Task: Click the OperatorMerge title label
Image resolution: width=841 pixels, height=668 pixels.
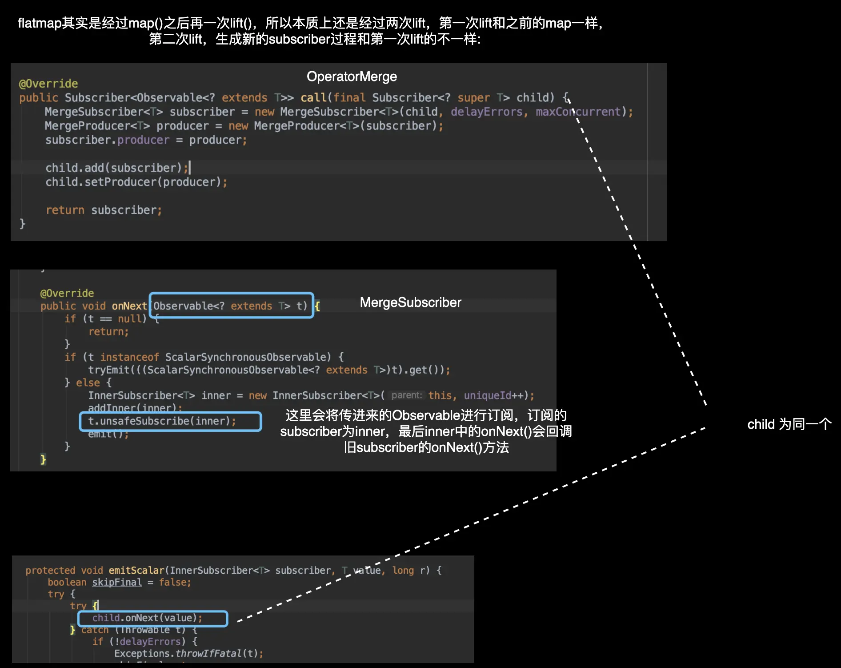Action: (352, 76)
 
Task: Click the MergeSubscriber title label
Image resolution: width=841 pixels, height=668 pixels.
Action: (410, 302)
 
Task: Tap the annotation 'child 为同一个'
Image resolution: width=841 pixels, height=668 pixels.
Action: (789, 424)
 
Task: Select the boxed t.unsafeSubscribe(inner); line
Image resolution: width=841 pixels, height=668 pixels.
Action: (162, 421)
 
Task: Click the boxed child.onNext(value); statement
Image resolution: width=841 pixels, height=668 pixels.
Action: (147, 618)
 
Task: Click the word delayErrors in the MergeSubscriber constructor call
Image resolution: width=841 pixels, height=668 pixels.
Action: (486, 112)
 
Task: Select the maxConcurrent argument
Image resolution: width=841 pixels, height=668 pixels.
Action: (578, 112)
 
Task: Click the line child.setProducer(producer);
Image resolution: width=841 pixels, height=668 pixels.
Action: (136, 182)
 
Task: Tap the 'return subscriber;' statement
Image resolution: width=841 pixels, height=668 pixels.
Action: (104, 210)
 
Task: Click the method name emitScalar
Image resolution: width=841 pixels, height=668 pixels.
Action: (136, 570)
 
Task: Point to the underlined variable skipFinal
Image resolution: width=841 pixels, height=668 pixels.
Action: (117, 582)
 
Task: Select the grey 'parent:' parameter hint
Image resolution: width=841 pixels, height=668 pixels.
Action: (406, 395)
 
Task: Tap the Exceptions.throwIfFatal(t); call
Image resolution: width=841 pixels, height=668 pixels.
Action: (188, 653)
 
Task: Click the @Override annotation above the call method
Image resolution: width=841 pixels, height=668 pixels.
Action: (48, 84)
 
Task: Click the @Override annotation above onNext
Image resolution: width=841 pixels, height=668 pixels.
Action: (67, 293)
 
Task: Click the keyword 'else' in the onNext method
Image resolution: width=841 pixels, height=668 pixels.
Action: (88, 382)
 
